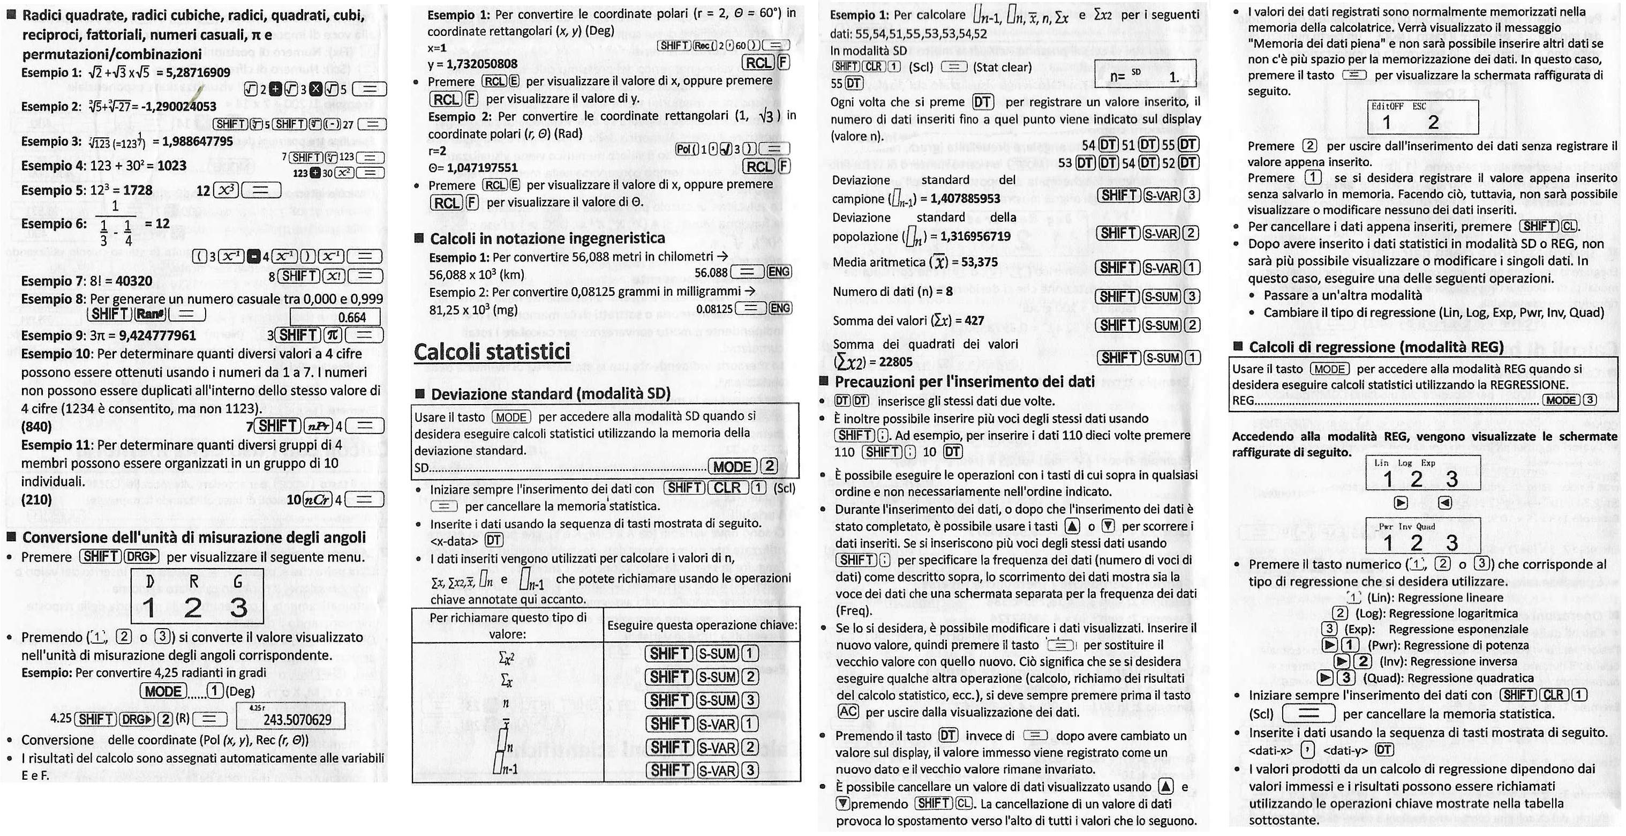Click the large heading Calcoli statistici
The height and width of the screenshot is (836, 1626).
coord(492,352)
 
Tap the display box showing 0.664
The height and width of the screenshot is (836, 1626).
coord(336,317)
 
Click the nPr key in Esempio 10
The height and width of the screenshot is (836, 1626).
coord(318,426)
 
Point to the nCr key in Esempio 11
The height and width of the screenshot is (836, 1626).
coord(317,499)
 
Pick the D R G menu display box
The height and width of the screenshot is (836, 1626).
coord(197,595)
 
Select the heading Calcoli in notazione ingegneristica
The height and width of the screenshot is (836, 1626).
coord(547,238)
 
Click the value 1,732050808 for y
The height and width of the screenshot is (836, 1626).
coord(481,64)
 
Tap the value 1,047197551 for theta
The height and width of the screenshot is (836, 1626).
coord(481,167)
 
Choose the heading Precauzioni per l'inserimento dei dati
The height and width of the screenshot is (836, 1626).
coord(964,382)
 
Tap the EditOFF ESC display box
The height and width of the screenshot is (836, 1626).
coord(1422,116)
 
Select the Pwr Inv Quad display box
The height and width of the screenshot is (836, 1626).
coord(1422,536)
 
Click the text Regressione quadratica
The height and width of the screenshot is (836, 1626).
coord(1470,678)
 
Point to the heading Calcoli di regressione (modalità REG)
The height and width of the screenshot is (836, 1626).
coord(1375,347)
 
